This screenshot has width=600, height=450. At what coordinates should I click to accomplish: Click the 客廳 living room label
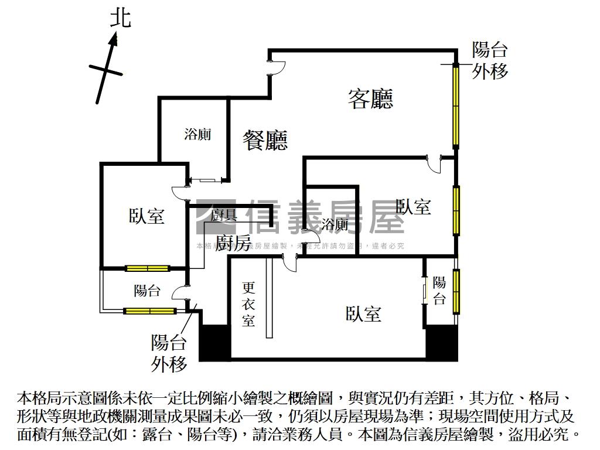coord(370,98)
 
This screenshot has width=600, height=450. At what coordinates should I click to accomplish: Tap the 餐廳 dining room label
coord(265,140)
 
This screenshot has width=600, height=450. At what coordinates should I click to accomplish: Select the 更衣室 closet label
coord(249,304)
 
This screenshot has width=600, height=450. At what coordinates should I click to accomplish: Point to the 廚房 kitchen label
coord(233,243)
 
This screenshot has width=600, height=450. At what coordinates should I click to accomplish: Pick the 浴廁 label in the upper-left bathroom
coord(197,134)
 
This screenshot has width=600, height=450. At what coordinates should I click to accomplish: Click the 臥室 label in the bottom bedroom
coord(363,314)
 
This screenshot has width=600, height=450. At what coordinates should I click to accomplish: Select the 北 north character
coord(121,19)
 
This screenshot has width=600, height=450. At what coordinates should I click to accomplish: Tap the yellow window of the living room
coord(455,105)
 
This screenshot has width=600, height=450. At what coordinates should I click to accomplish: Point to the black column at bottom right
coord(441,342)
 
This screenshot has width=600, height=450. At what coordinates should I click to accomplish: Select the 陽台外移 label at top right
coord(490,60)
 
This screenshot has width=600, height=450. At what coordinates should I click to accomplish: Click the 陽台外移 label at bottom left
coord(169,353)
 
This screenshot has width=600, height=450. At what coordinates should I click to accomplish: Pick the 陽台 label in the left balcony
coord(147,290)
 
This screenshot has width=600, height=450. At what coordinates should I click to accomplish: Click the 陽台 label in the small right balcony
coord(439,291)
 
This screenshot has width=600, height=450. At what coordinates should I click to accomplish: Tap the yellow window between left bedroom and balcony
coord(147,269)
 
